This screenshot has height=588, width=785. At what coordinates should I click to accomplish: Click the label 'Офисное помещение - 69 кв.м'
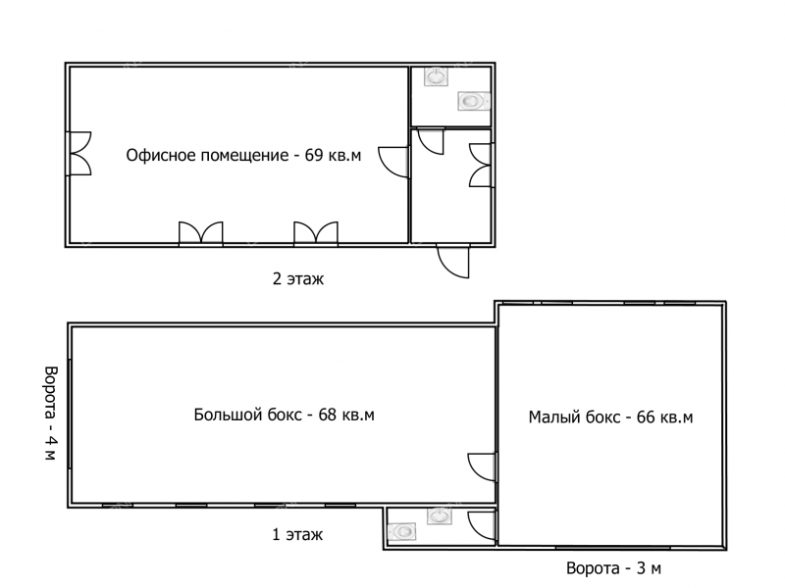243,155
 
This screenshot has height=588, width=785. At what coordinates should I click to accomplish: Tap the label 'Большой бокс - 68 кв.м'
284,415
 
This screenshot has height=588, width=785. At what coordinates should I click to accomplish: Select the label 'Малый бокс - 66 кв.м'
610,416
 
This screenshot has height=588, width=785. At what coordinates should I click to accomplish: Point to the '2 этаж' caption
298,278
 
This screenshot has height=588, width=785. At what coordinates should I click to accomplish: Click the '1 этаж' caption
297,534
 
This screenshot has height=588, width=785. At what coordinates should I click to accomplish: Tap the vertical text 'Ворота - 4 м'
51,413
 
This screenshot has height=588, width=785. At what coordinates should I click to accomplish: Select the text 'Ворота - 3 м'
613,568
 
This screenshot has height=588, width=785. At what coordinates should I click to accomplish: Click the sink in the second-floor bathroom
436,77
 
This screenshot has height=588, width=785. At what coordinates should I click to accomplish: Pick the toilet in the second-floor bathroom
473,102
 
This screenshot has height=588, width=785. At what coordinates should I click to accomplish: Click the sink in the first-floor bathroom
439,515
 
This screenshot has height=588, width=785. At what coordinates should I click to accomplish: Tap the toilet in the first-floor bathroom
402,531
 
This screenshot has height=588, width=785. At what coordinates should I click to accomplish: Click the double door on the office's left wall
78,154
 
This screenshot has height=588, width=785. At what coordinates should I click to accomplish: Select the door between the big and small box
482,467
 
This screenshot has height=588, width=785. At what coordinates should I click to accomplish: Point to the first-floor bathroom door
482,525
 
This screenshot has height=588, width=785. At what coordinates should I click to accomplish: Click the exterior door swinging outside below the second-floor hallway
453,261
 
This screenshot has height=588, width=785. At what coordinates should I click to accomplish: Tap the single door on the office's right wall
394,162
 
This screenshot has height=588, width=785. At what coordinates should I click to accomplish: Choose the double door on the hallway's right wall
481,166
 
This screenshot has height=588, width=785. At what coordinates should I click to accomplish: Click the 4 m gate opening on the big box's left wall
70,414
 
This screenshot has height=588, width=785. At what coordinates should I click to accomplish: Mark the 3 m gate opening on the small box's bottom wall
612,548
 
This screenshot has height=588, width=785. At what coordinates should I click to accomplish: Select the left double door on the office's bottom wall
201,234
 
